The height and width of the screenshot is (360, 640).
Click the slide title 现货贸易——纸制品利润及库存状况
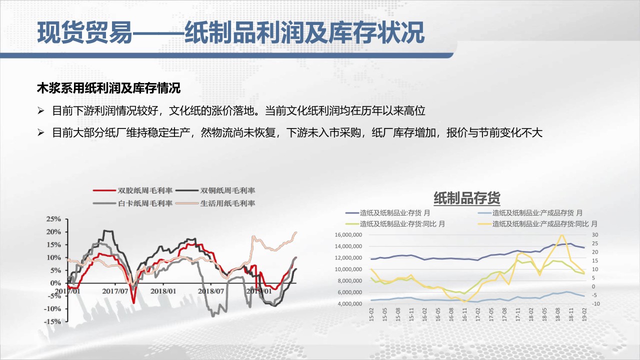pos(231,32)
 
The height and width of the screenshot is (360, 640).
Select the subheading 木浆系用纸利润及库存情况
pos(108,88)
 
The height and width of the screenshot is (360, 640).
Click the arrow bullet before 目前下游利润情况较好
pos(40,111)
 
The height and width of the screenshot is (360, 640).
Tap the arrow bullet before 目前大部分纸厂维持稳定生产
pos(40,132)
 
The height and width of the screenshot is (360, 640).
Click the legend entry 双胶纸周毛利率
pos(133,190)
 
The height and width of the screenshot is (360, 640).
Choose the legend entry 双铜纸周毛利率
pos(215,190)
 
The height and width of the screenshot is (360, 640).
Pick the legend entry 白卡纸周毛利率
pos(133,203)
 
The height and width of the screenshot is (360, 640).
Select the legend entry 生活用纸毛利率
pos(215,203)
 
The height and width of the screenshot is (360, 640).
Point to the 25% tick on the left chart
pos(53,219)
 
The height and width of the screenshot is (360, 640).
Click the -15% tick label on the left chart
pos(52,321)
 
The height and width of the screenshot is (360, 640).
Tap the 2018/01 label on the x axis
pos(163,291)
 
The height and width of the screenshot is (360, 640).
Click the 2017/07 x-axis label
pos(115,291)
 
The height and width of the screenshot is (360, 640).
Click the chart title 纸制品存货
pos(467,198)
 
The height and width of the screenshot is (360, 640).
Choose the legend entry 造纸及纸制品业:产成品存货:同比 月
pos(537,224)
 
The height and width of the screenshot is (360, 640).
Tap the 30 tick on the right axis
pos(595,235)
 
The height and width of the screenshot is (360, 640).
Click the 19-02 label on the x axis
pos(584,314)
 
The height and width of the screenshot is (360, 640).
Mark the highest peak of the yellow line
pos(562,235)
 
